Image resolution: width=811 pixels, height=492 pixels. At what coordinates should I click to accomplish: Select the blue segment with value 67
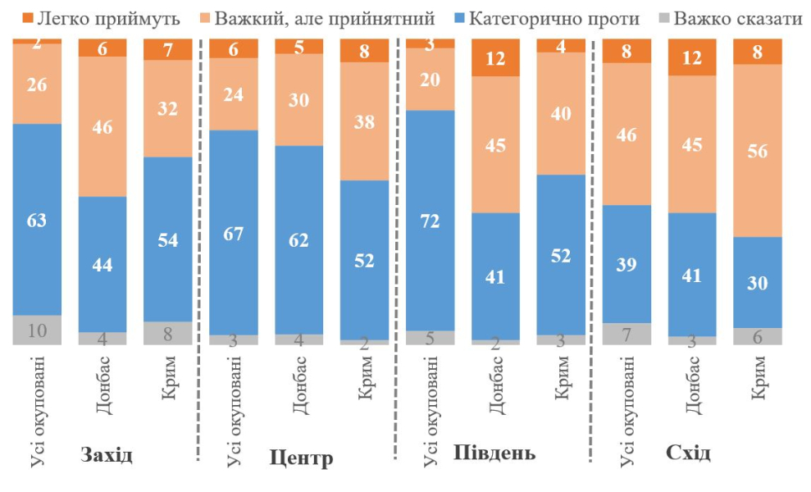[234, 232]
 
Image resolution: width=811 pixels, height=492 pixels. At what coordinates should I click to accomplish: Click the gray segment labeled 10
[37, 330]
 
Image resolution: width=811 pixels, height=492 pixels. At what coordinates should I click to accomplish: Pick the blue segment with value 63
[37, 220]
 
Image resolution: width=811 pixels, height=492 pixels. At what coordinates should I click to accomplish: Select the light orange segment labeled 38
[365, 121]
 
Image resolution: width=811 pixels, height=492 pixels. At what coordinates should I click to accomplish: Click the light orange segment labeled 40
[562, 113]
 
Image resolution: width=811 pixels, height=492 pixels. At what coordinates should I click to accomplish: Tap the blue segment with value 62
[299, 239]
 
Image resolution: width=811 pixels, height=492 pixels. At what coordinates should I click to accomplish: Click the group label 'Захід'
[106, 455]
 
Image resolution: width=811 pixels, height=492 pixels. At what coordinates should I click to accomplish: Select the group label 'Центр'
[301, 458]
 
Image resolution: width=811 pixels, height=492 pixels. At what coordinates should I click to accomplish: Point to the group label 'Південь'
[494, 453]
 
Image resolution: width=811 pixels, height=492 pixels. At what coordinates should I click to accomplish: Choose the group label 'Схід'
[689, 453]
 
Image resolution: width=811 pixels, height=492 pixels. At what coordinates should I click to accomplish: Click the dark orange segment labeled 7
[168, 50]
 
